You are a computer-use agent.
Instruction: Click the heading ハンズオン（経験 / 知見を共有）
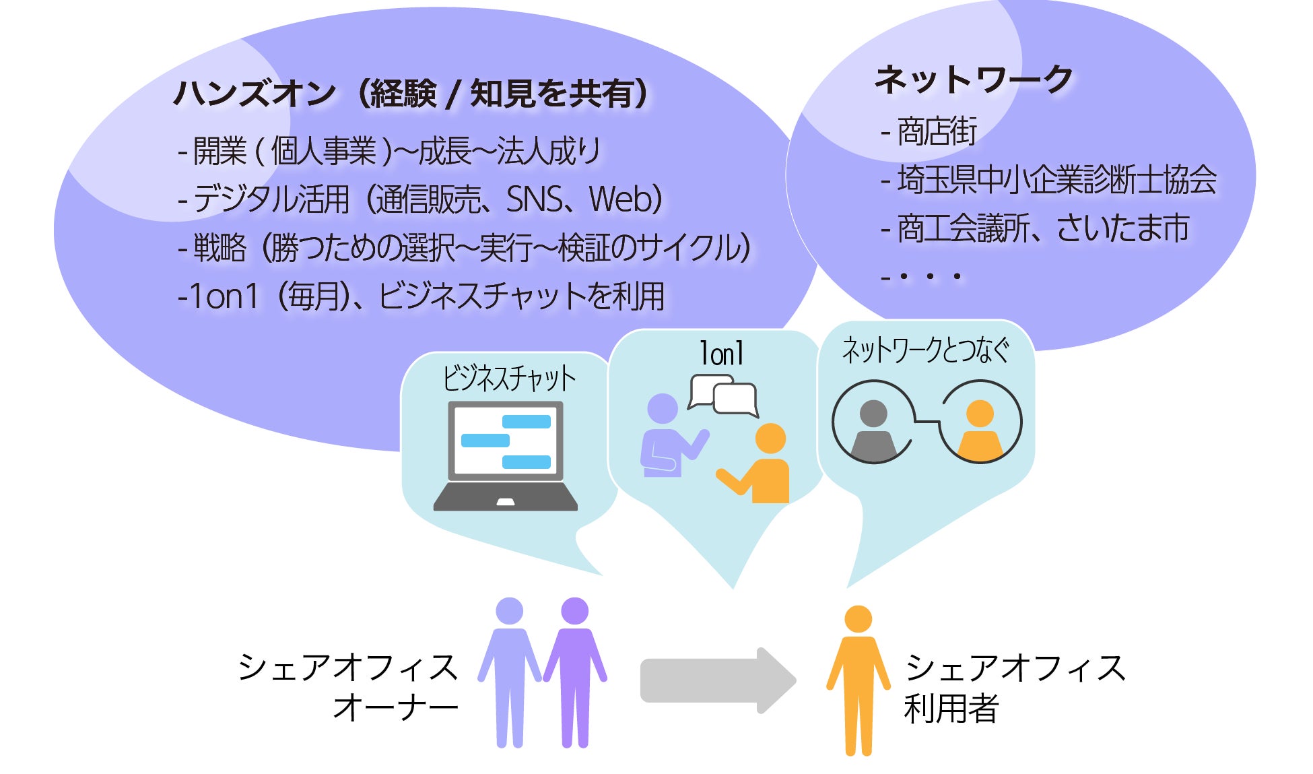pyautogui.click(x=411, y=94)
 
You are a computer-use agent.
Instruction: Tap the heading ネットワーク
pyautogui.click(x=973, y=79)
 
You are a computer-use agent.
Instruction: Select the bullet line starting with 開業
pyautogui.click(x=389, y=151)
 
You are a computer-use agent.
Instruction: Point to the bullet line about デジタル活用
pyautogui.click(x=420, y=199)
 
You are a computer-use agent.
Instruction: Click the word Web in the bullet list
pyautogui.click(x=619, y=199)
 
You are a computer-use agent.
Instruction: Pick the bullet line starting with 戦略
pyautogui.click(x=465, y=248)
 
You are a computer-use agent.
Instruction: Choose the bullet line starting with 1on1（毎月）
pyautogui.click(x=422, y=296)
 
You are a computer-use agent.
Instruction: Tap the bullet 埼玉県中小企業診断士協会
pyautogui.click(x=1050, y=180)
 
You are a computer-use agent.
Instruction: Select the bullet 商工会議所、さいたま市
pyautogui.click(x=1037, y=228)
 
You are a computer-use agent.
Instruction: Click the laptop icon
pyautogui.click(x=506, y=455)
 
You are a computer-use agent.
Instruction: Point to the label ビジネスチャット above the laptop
pyautogui.click(x=509, y=379)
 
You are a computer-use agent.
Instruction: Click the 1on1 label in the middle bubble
pyautogui.click(x=721, y=354)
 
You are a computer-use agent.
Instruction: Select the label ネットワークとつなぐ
pyautogui.click(x=926, y=351)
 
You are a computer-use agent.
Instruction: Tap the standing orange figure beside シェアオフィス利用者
pyautogui.click(x=858, y=680)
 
